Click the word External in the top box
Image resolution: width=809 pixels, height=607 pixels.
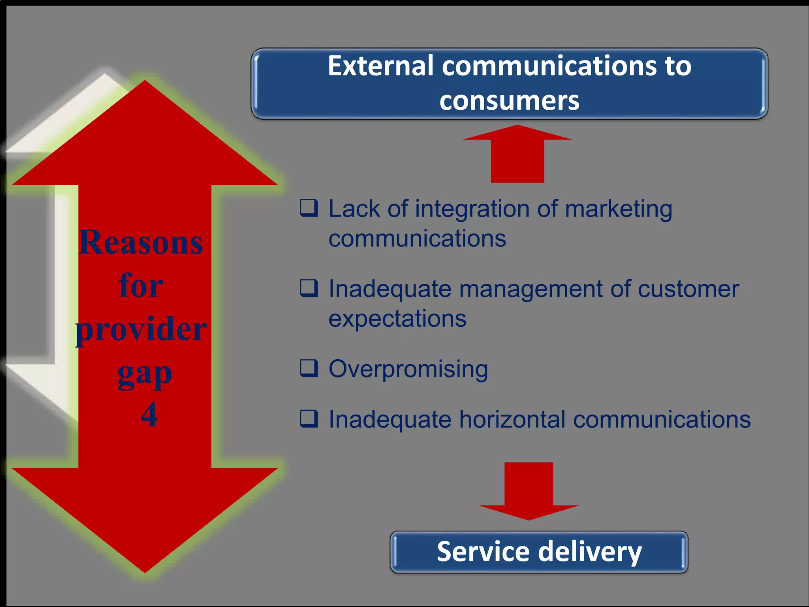click(380, 66)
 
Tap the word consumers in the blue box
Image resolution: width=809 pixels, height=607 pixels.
click(509, 101)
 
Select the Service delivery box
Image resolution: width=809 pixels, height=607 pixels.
click(539, 552)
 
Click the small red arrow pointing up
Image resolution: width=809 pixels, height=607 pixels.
click(517, 154)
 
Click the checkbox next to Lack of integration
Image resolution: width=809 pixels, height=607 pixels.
click(309, 208)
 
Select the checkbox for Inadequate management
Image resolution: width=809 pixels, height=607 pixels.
click(309, 288)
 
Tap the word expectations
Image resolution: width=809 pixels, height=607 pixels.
click(397, 319)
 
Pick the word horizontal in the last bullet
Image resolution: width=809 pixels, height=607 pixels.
click(512, 419)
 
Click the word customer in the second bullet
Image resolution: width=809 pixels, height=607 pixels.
click(688, 289)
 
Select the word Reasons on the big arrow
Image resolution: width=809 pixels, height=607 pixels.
click(141, 242)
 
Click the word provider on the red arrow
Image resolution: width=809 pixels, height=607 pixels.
click(141, 329)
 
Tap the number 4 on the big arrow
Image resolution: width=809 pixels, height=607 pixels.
click(149, 415)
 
